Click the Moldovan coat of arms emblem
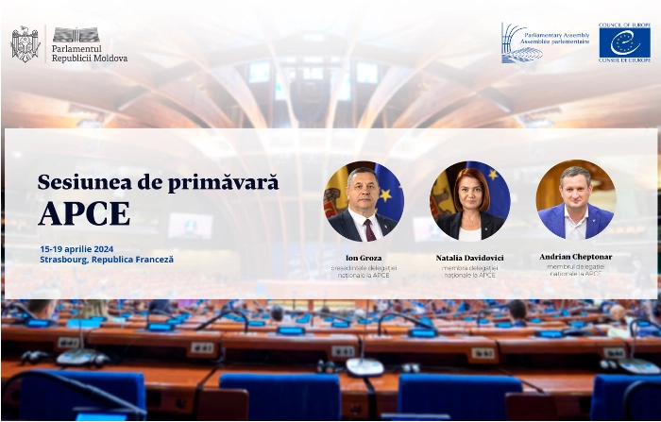pos(25,43)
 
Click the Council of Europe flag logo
pos(624,42)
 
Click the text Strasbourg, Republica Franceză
pos(107,259)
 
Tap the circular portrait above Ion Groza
pos(364,200)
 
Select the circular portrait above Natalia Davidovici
pos(469,200)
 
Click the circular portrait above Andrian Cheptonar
pos(576,199)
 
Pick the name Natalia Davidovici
pos(469,258)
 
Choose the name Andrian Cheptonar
pos(576,257)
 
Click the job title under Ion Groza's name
pos(364,272)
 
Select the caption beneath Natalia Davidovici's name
pos(469,272)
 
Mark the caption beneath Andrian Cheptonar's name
pos(576,271)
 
